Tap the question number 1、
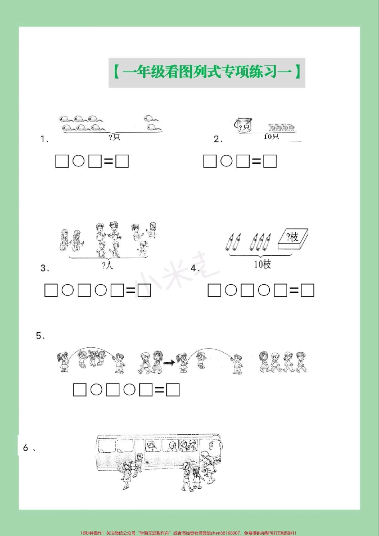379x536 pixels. click(x=44, y=139)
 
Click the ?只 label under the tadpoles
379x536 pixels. click(x=114, y=138)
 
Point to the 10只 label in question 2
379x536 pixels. click(x=271, y=136)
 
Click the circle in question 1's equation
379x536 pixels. click(x=79, y=161)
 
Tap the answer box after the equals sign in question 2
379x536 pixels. click(x=270, y=161)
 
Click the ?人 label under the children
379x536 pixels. click(x=107, y=265)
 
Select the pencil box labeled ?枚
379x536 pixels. click(x=293, y=239)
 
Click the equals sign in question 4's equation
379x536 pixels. click(x=294, y=291)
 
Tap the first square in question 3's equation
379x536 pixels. click(x=51, y=290)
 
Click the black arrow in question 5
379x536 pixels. click(x=169, y=363)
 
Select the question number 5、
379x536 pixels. click(x=40, y=336)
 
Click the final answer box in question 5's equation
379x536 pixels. click(x=173, y=390)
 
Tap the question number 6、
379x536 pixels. click(x=28, y=448)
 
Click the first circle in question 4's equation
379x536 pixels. click(x=231, y=290)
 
